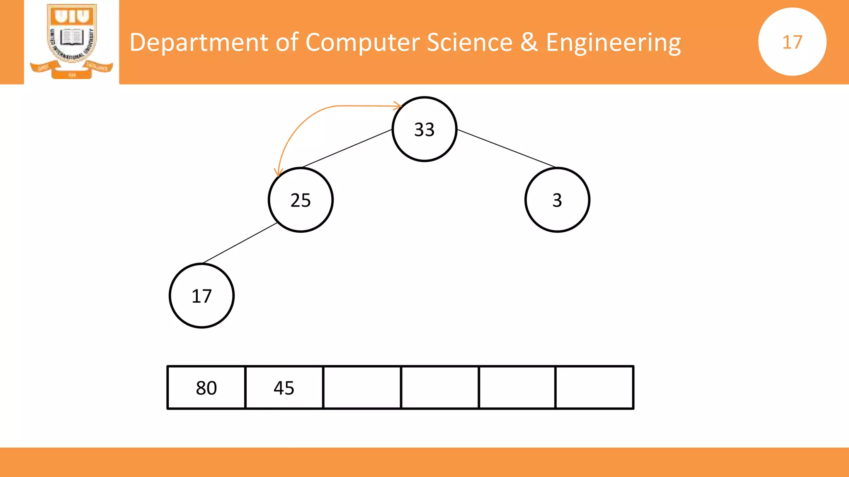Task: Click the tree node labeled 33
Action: tap(424, 129)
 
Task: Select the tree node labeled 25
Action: tap(301, 200)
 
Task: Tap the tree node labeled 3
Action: tap(557, 200)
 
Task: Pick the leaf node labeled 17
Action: tap(202, 296)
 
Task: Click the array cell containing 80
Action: tap(206, 388)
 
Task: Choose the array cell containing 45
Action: tap(284, 388)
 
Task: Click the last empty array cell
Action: tap(594, 388)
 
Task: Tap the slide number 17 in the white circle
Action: tap(792, 42)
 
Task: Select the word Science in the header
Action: tap(470, 42)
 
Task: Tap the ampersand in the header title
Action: tap(529, 42)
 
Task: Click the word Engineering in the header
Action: tap(614, 42)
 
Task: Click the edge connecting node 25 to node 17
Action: tap(240, 243)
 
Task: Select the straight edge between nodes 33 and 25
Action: tap(347, 148)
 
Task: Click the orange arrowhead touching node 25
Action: tap(278, 172)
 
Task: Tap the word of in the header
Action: tap(287, 42)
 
